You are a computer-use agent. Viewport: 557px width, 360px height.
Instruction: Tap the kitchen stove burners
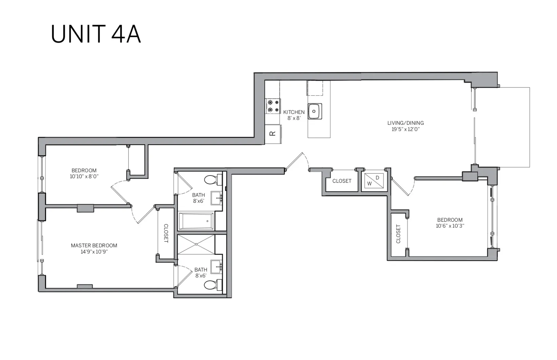273,106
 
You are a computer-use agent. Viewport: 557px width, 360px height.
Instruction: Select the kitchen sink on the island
315,111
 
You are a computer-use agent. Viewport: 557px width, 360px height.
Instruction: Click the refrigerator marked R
273,133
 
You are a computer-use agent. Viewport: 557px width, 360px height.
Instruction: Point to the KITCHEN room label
294,112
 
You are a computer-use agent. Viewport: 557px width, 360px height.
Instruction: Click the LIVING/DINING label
405,123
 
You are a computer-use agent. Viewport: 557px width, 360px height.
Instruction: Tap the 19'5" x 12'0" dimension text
405,129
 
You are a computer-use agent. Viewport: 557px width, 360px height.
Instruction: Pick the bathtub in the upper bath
196,221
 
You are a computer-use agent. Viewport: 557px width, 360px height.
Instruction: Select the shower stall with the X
196,244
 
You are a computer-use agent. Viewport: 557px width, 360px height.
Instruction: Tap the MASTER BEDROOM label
94,245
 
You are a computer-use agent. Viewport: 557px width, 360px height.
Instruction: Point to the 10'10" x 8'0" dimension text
84,176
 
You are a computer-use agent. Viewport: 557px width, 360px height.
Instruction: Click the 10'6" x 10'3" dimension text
450,226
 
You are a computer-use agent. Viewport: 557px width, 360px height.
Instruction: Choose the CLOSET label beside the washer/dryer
342,181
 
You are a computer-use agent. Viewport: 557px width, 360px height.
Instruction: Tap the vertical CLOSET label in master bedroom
166,233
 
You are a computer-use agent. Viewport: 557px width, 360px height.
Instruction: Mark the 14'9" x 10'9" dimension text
94,252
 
